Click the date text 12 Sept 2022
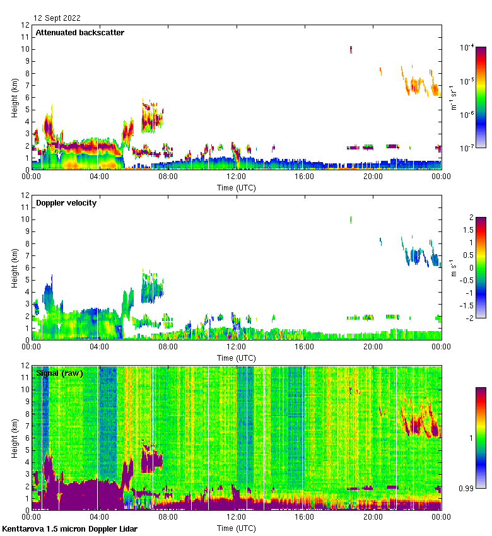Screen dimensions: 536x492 pyautogui.click(x=57, y=18)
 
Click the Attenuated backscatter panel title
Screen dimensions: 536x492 pyautogui.click(x=79, y=33)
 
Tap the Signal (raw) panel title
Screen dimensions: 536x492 pyautogui.click(x=59, y=373)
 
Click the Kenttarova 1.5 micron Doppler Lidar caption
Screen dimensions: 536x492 pyautogui.click(x=69, y=529)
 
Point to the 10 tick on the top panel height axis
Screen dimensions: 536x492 pyautogui.click(x=25, y=49)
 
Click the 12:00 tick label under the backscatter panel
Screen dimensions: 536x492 pyautogui.click(x=236, y=177)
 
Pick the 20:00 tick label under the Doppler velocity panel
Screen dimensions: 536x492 pyautogui.click(x=373, y=347)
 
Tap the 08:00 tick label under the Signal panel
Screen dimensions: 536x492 pyautogui.click(x=168, y=518)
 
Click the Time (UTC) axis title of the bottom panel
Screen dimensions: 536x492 pyautogui.click(x=236, y=527)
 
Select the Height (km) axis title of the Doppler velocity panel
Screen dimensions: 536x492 pyautogui.click(x=15, y=267)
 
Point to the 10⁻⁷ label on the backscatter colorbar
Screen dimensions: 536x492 pyautogui.click(x=467, y=148)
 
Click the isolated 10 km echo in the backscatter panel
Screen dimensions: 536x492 pyautogui.click(x=351, y=49)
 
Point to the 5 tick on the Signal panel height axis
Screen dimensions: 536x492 pyautogui.click(x=26, y=450)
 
